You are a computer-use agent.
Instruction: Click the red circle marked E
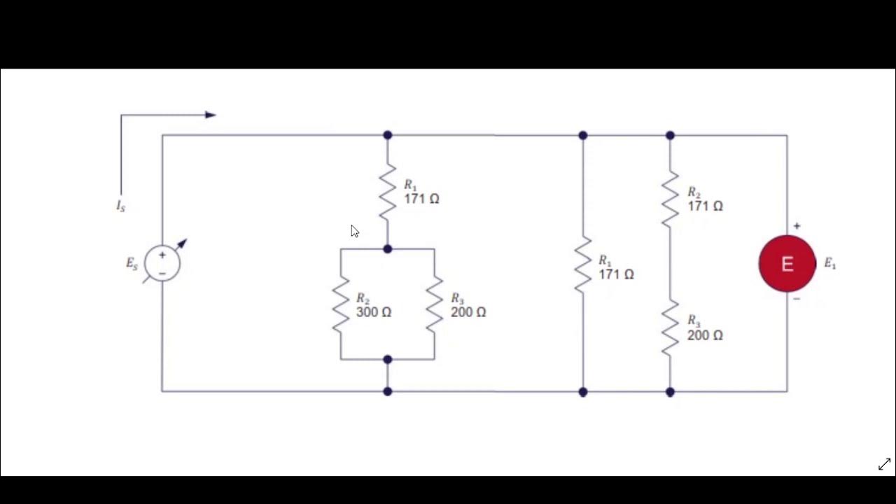click(x=787, y=264)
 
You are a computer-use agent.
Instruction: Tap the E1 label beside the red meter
click(x=829, y=264)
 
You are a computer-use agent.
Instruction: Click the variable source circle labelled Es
click(x=162, y=263)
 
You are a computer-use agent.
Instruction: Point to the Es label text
click(x=132, y=264)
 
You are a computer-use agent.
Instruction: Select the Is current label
click(x=121, y=206)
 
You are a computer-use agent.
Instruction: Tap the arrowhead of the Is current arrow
click(x=210, y=115)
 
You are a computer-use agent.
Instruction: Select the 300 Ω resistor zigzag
click(x=341, y=304)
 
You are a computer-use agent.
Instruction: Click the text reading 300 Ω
click(x=373, y=312)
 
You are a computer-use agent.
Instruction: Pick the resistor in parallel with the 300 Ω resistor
click(x=435, y=304)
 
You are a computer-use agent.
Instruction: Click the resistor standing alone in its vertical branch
click(x=583, y=264)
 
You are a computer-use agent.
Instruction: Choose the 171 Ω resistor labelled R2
click(x=670, y=199)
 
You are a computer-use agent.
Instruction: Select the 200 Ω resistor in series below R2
click(x=670, y=328)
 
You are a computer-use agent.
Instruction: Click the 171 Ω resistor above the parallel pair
click(x=388, y=191)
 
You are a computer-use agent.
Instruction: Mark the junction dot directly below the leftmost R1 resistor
click(x=388, y=249)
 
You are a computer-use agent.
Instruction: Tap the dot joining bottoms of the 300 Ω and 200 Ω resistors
click(x=388, y=360)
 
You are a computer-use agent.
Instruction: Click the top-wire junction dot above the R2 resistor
click(x=670, y=135)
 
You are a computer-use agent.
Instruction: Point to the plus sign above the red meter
click(x=797, y=226)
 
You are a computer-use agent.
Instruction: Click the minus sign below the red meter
click(x=797, y=299)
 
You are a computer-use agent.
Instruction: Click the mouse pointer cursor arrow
click(x=354, y=231)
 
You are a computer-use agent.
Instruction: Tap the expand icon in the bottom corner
click(x=884, y=464)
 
